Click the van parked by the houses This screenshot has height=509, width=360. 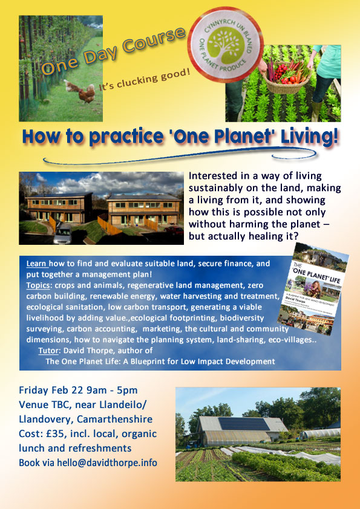pyautogui.click(x=63, y=233)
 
